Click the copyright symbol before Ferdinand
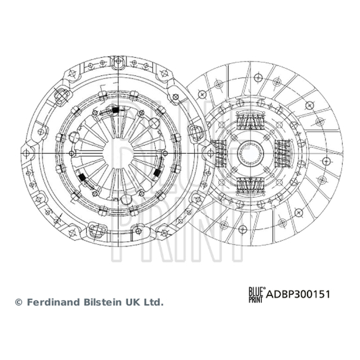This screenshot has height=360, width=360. click(x=18, y=302)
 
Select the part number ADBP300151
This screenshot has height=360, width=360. click(x=298, y=294)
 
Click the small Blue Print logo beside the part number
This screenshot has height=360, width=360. click(x=256, y=295)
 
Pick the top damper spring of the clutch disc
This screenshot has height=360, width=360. click(x=250, y=121)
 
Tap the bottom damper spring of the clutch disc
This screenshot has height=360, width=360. click(x=250, y=185)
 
